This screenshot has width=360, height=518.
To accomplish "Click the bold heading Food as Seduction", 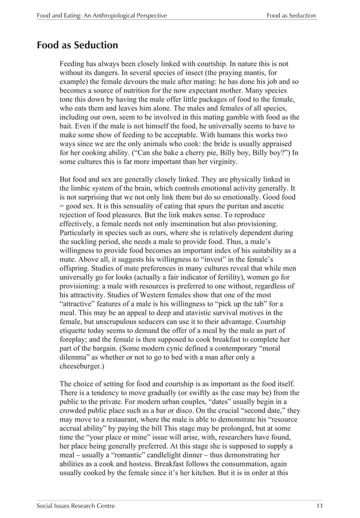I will point(77,45).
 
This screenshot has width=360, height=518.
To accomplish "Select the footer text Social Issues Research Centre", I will point(76,506).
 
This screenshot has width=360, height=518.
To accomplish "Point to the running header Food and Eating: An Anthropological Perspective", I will point(102,16).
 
